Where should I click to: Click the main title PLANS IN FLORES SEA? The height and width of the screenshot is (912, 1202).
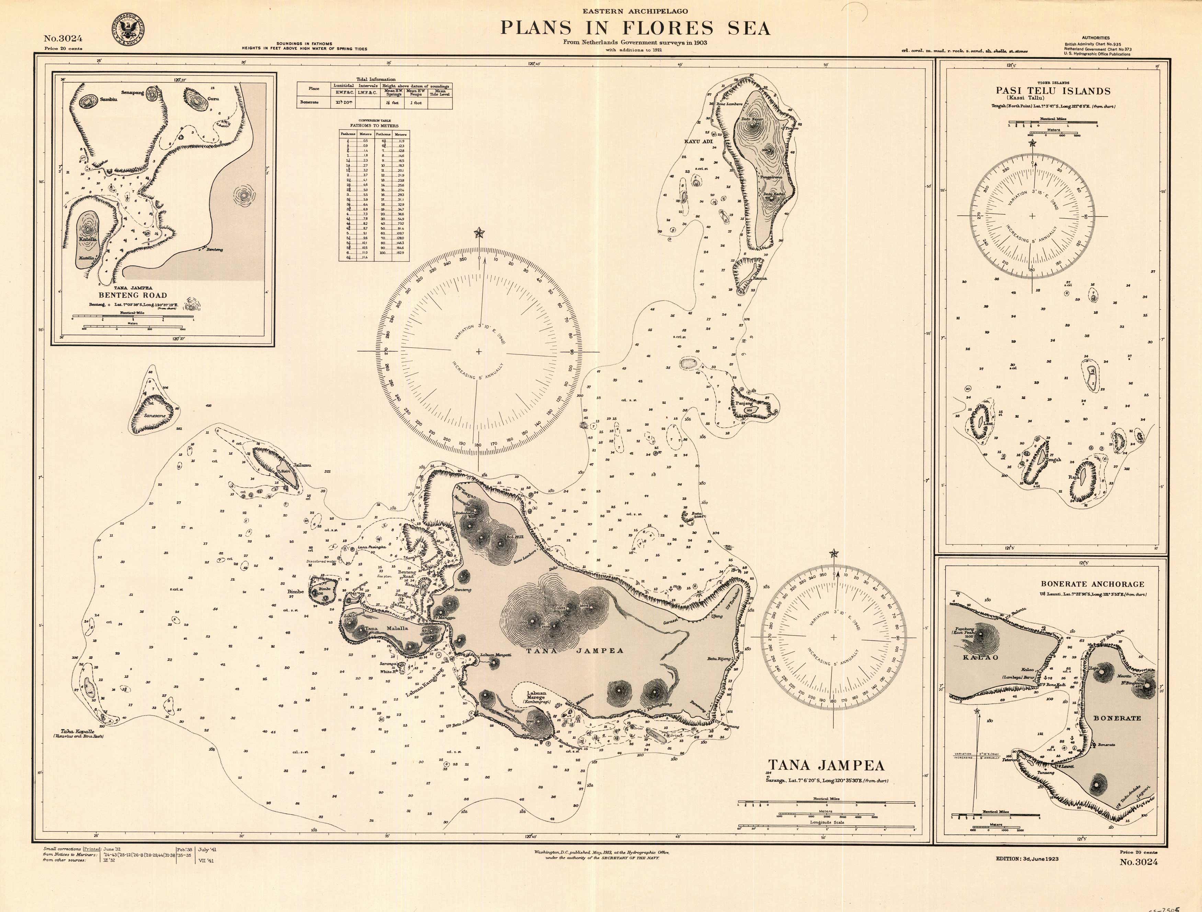(x=635, y=28)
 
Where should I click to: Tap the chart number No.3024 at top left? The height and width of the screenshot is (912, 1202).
(x=63, y=38)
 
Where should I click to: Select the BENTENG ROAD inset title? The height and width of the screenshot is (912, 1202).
(x=133, y=295)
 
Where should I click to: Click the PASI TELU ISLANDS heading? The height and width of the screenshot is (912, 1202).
(x=1053, y=91)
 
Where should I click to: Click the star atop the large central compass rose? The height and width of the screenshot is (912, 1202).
(x=479, y=233)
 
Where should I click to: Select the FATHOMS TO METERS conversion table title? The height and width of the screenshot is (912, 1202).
(x=374, y=125)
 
